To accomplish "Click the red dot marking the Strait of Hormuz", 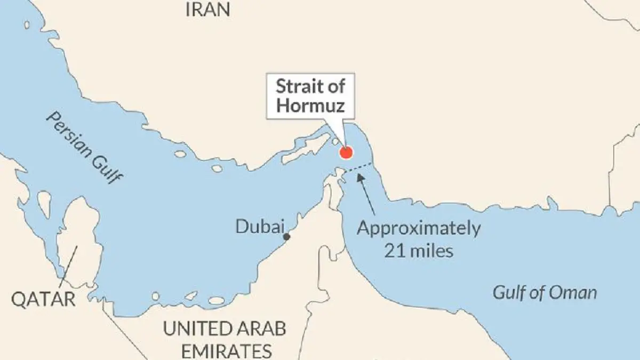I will [346, 153].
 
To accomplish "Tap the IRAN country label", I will [208, 9].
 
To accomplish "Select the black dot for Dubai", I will [287, 236].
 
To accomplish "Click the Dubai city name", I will [259, 227].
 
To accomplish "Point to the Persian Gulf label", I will [82, 147].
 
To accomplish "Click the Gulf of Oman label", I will [544, 292].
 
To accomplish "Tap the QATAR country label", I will [44, 299].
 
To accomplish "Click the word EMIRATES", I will [227, 351].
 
